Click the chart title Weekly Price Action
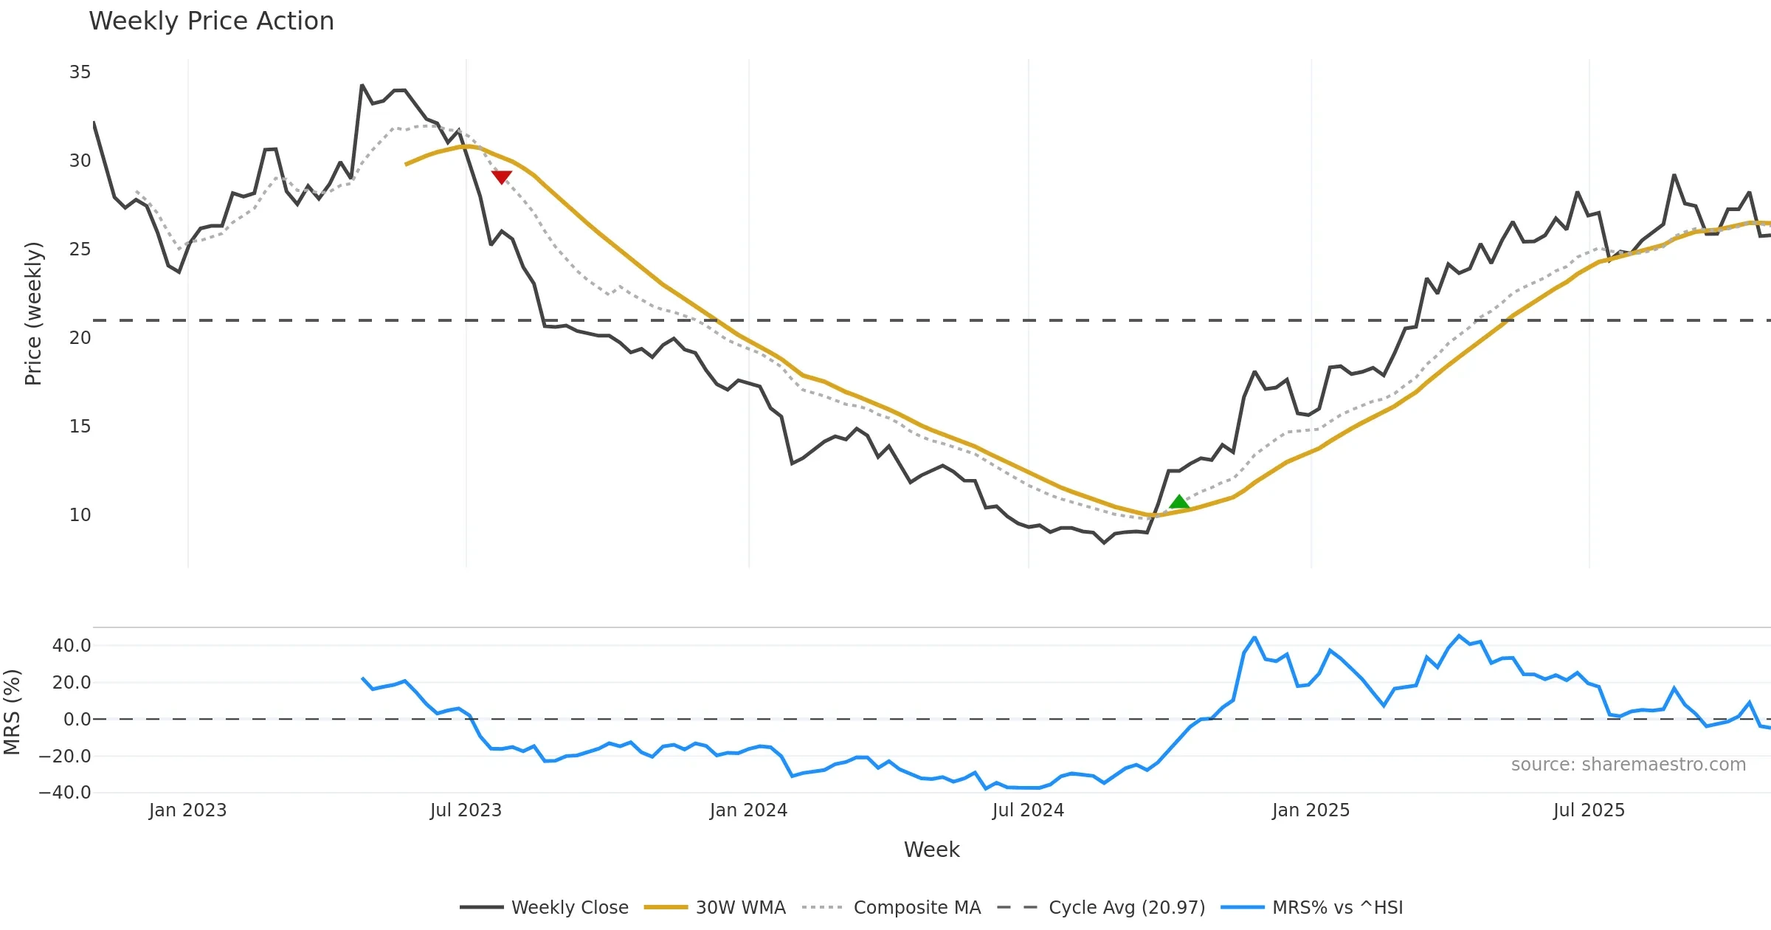point(211,21)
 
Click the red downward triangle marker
point(502,177)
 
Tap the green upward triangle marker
point(1179,503)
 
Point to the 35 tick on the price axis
point(80,72)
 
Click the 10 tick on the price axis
point(80,515)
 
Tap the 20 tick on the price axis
point(80,338)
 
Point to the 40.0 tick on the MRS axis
point(72,646)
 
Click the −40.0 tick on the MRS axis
point(65,793)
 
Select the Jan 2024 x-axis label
point(748,810)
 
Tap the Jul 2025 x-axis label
point(1589,810)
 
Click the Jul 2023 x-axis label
point(466,810)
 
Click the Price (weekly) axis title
point(34,314)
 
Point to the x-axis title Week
point(931,850)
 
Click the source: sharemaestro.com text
point(1628,765)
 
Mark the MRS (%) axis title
point(13,712)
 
